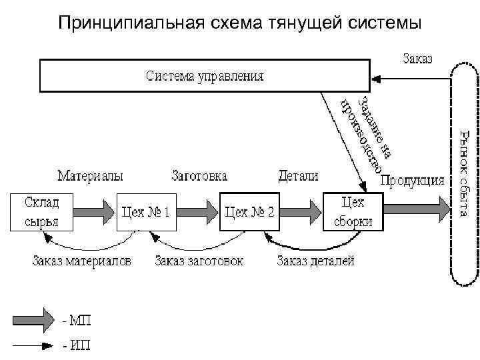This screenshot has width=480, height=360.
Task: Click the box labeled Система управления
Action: [205, 75]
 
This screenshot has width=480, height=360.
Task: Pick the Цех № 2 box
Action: [249, 212]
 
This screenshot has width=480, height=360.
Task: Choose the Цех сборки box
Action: [353, 211]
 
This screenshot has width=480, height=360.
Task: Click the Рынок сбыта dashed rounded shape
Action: [465, 174]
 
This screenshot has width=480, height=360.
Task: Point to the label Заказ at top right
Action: [417, 58]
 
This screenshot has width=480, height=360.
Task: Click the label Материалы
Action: [90, 177]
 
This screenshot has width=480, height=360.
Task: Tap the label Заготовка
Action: [199, 177]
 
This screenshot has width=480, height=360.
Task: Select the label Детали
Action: [297, 177]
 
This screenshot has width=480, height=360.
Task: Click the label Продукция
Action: [413, 180]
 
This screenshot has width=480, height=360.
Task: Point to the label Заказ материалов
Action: [81, 260]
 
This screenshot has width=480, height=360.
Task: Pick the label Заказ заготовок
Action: [199, 260]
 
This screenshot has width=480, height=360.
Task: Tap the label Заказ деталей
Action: [316, 260]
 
